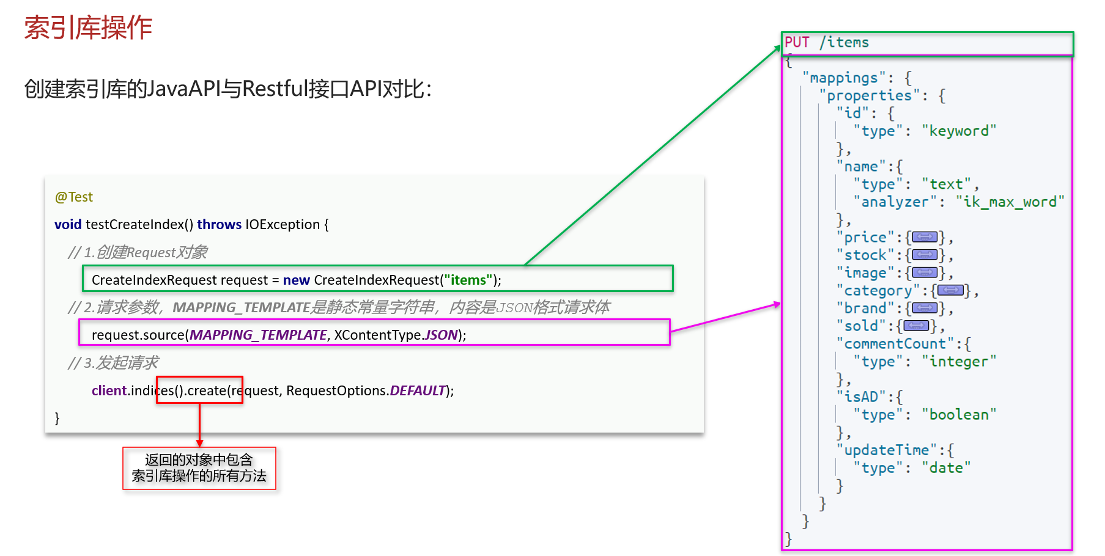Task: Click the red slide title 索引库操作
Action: click(88, 27)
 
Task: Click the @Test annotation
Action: click(73, 197)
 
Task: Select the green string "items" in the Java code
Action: click(468, 280)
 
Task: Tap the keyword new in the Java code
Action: click(296, 280)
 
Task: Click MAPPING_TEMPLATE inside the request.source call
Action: click(258, 335)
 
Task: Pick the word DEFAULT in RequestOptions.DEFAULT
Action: click(418, 390)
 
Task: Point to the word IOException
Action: click(283, 224)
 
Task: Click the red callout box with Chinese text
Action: click(199, 468)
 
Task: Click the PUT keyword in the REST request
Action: click(797, 42)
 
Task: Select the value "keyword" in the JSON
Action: click(958, 131)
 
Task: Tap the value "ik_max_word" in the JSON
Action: click(1010, 202)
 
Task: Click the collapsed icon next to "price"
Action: click(924, 237)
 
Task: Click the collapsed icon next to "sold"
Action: click(915, 326)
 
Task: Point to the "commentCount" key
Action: click(895, 343)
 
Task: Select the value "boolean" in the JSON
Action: click(958, 414)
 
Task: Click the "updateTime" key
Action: click(886, 450)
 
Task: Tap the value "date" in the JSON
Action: click(945, 467)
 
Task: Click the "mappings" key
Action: click(843, 78)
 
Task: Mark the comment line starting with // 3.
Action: click(113, 363)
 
